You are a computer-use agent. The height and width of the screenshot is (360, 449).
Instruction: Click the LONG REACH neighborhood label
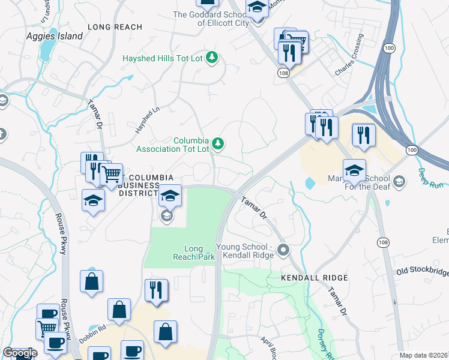(x=115, y=27)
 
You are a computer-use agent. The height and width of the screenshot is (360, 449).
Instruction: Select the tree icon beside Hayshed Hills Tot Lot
(x=211, y=58)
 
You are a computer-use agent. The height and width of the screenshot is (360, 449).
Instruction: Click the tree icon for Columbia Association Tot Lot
(x=219, y=143)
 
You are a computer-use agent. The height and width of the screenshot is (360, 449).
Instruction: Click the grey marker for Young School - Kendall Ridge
(x=284, y=250)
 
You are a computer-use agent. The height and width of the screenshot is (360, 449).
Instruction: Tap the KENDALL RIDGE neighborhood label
(x=315, y=278)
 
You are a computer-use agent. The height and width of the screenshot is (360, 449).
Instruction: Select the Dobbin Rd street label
(x=94, y=328)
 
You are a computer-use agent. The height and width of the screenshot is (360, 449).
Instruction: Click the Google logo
(x=20, y=353)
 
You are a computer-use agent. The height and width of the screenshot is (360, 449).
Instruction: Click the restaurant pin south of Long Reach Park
(x=156, y=290)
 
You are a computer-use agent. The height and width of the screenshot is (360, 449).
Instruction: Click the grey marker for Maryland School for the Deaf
(x=399, y=181)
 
